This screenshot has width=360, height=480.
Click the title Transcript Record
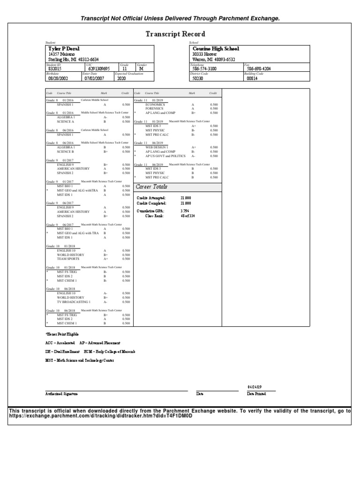pos(175,34)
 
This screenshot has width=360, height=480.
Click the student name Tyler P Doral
pos(63,48)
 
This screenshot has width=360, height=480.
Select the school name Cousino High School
pos(216,48)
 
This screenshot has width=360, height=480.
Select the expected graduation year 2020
pos(121,79)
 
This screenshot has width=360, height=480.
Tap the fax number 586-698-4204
pos(259,68)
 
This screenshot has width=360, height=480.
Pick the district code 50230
pos(199,79)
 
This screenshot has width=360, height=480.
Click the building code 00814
pos(252,79)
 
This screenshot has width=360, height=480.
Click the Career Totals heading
pos(152,187)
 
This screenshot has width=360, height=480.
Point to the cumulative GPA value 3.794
pos(185,211)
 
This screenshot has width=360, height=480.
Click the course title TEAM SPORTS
pos(68,259)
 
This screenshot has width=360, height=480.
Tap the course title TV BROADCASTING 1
pos(74,302)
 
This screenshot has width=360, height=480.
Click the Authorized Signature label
pos(61,394)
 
